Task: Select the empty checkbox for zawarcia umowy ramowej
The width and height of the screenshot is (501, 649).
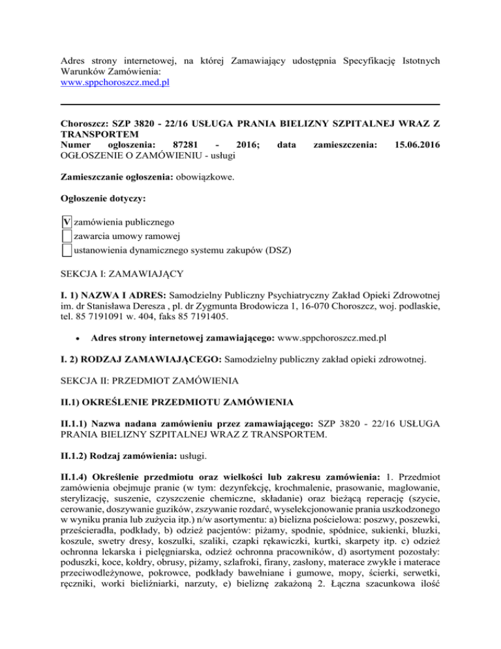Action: [64, 236]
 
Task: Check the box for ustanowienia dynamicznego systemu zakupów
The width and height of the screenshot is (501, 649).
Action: [64, 249]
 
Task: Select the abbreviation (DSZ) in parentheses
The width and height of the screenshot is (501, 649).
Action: [277, 249]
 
